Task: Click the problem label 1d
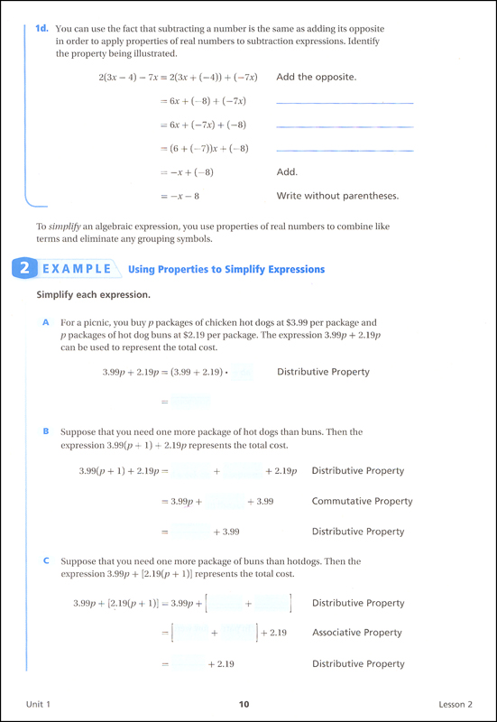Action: [x=41, y=29]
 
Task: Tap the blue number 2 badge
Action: [x=23, y=269]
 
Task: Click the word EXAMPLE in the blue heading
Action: [x=75, y=269]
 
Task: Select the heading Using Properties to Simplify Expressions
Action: [x=226, y=269]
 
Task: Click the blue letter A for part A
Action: [x=45, y=322]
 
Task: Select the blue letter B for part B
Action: [x=45, y=431]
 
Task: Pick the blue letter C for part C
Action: [x=45, y=560]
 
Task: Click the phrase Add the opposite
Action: [x=317, y=77]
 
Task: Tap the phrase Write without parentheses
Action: [x=337, y=195]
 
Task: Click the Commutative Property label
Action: [x=362, y=501]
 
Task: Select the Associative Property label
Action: [x=357, y=633]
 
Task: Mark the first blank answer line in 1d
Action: [x=345, y=104]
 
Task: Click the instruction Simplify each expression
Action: [x=93, y=295]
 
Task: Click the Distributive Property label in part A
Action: [x=323, y=372]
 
